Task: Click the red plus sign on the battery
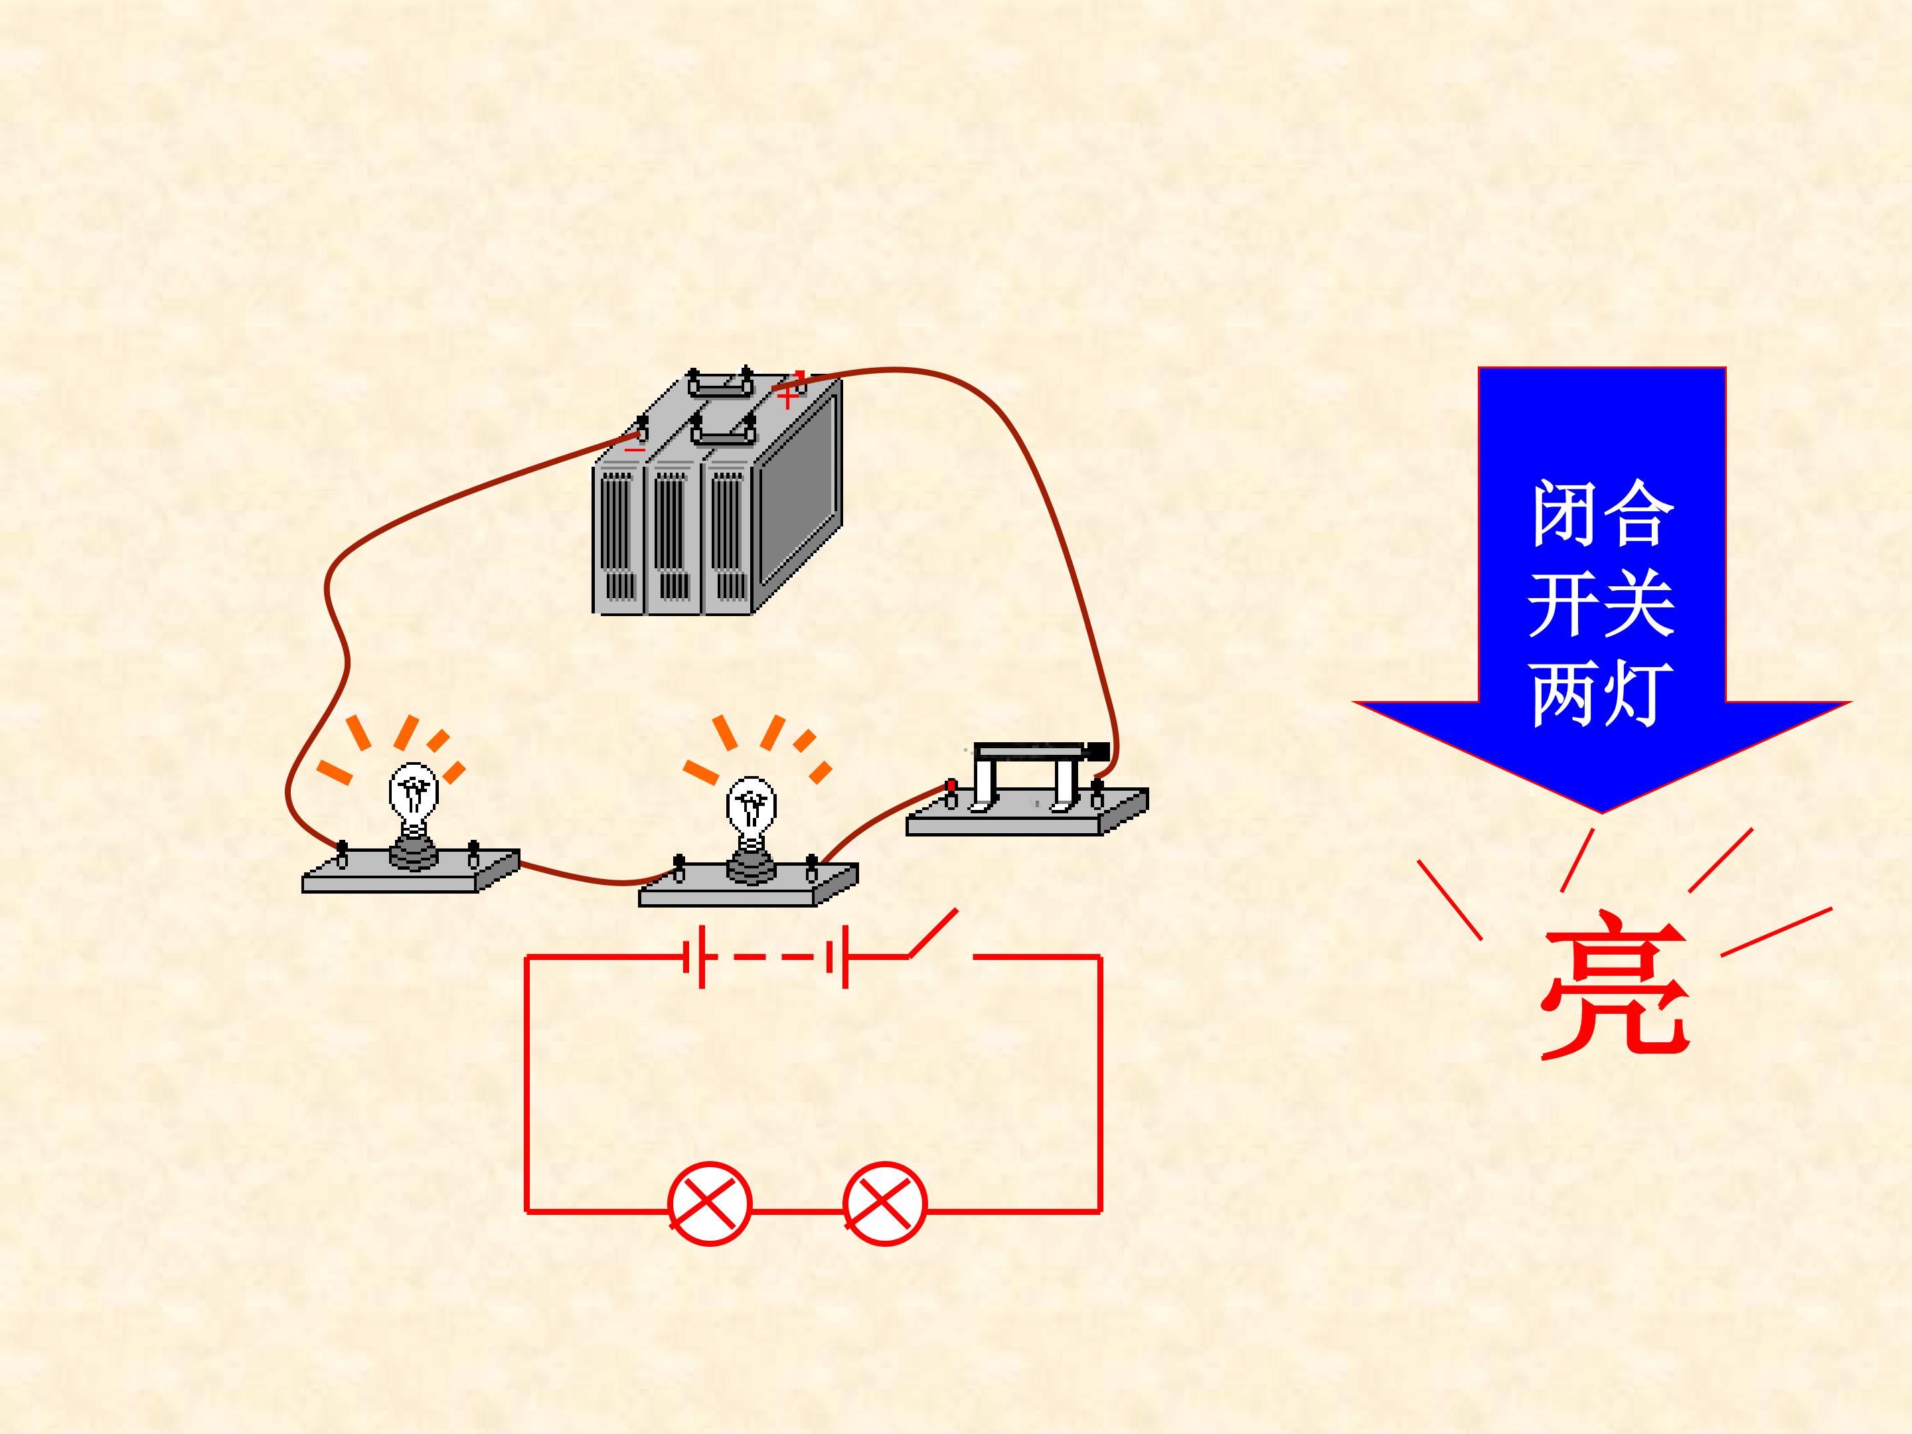[787, 398]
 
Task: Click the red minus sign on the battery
[635, 449]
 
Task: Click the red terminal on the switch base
[951, 787]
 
